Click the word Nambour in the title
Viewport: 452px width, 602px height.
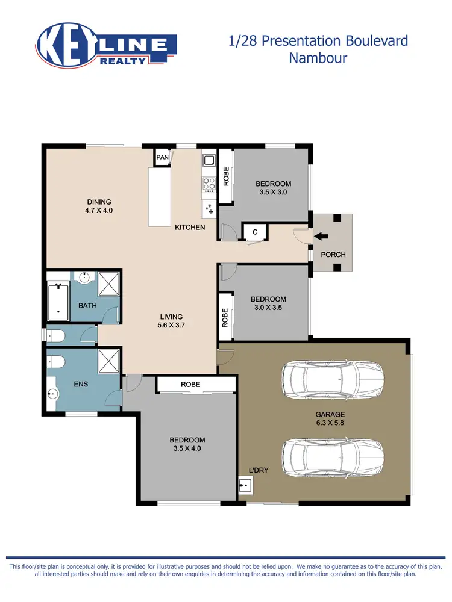pos(319,58)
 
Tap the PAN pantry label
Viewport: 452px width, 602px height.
pos(162,158)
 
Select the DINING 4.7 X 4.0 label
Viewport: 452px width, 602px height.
pos(99,206)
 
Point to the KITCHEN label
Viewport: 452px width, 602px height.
pos(190,228)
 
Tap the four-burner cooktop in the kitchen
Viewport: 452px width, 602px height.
pos(210,182)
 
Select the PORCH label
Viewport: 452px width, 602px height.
pos(333,255)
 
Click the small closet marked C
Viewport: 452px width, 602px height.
pos(255,232)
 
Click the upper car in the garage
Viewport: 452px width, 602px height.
pos(333,379)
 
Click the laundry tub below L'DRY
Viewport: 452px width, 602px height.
pos(246,484)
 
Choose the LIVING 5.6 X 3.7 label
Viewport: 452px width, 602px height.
pos(171,321)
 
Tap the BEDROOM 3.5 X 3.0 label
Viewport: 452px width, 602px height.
pos(273,188)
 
